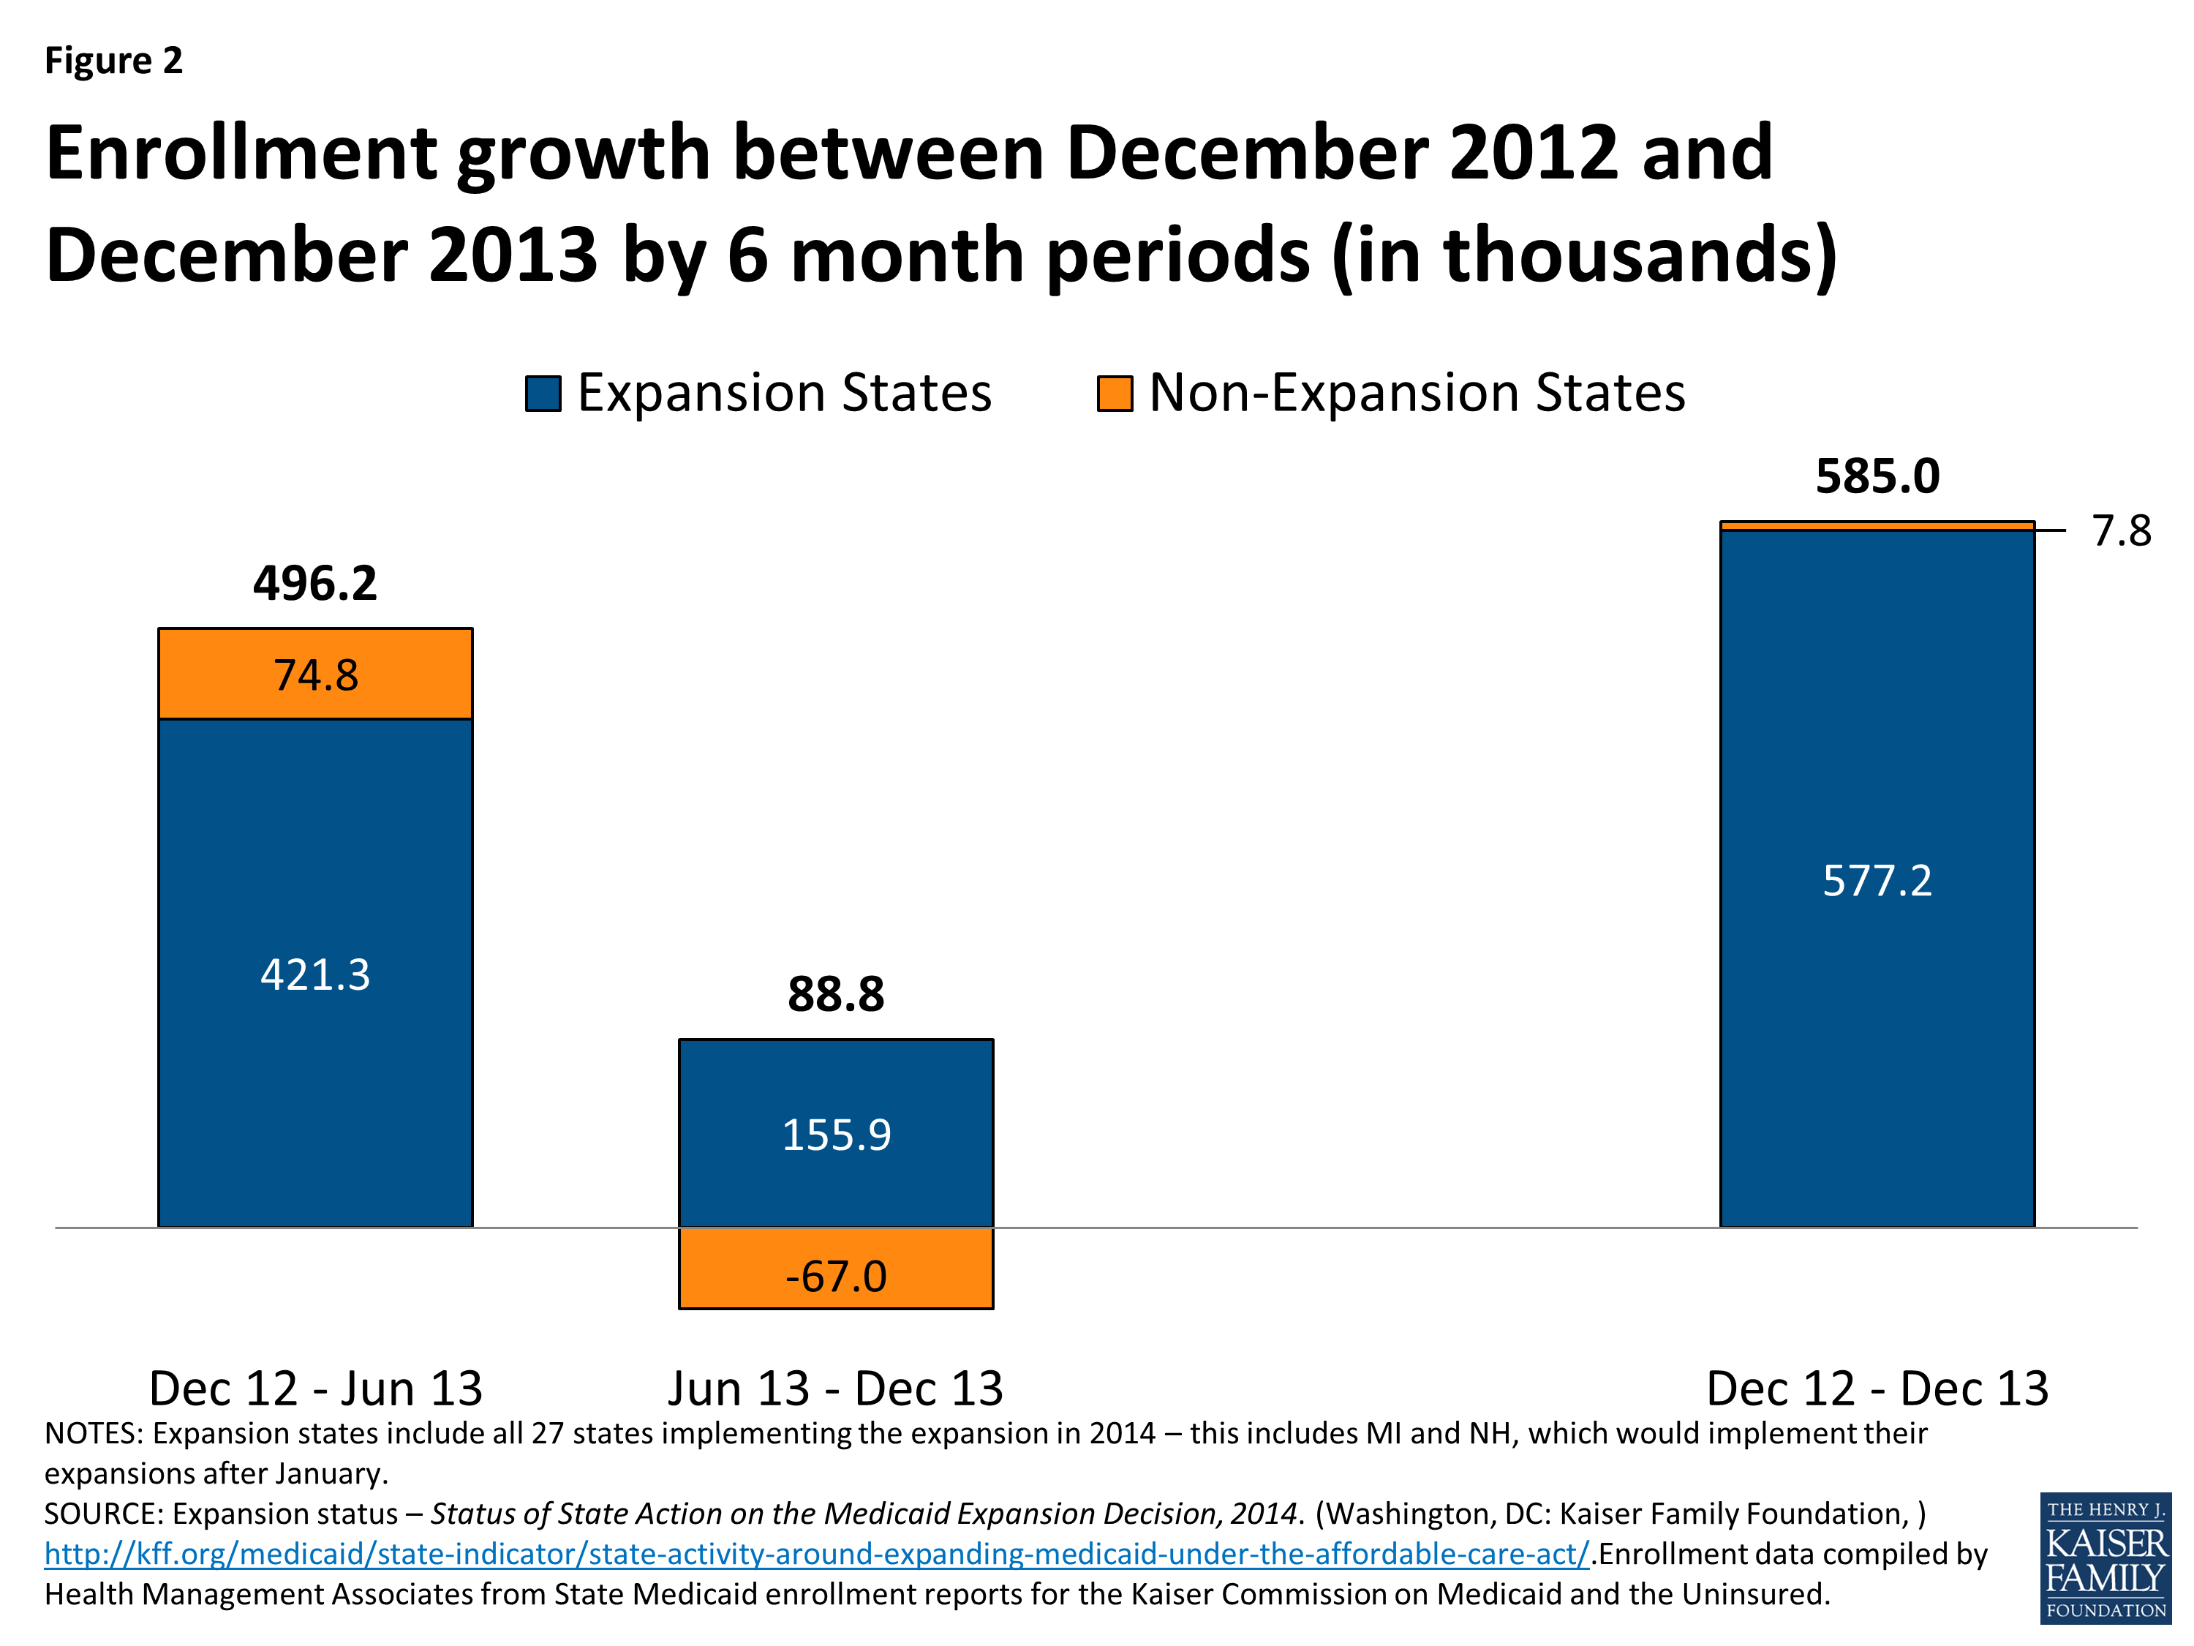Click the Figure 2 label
point(113,61)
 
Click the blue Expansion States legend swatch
point(543,393)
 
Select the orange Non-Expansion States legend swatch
point(1114,393)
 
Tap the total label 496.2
point(314,583)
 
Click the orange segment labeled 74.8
point(314,674)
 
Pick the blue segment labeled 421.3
point(314,974)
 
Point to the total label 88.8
point(835,994)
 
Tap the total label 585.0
point(1877,477)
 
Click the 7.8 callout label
point(2121,532)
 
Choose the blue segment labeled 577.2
point(1877,881)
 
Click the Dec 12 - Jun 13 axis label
point(314,1388)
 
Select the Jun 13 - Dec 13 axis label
point(835,1388)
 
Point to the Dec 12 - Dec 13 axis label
point(1877,1388)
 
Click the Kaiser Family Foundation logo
point(2105,1557)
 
